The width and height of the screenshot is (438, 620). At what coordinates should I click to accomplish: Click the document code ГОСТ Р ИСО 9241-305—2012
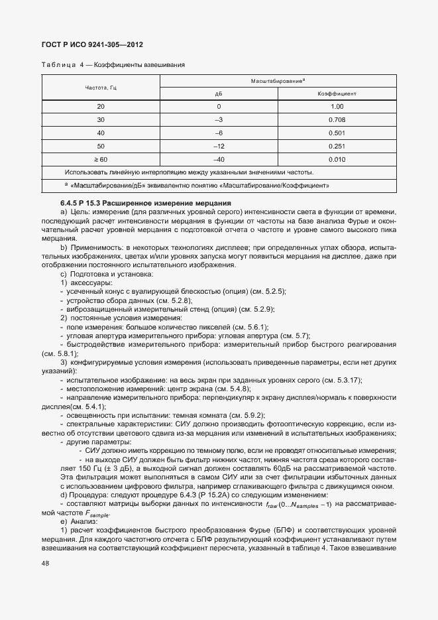87,45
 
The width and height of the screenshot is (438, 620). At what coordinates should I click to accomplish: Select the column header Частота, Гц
101,88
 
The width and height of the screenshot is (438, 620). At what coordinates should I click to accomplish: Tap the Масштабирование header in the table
278,81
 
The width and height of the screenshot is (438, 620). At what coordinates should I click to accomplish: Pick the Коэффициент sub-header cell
337,94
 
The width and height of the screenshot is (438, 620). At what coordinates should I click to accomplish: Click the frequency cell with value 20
101,107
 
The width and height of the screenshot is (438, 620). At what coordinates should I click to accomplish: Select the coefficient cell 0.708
337,119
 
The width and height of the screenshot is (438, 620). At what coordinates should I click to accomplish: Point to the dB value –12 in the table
219,146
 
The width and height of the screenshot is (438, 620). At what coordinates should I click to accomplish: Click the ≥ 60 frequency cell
101,159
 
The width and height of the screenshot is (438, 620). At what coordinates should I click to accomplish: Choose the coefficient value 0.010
337,159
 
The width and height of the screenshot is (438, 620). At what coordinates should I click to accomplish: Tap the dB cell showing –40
219,159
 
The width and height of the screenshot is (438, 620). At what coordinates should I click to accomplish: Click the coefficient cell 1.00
337,107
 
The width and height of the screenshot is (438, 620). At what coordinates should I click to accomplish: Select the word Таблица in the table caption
58,65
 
